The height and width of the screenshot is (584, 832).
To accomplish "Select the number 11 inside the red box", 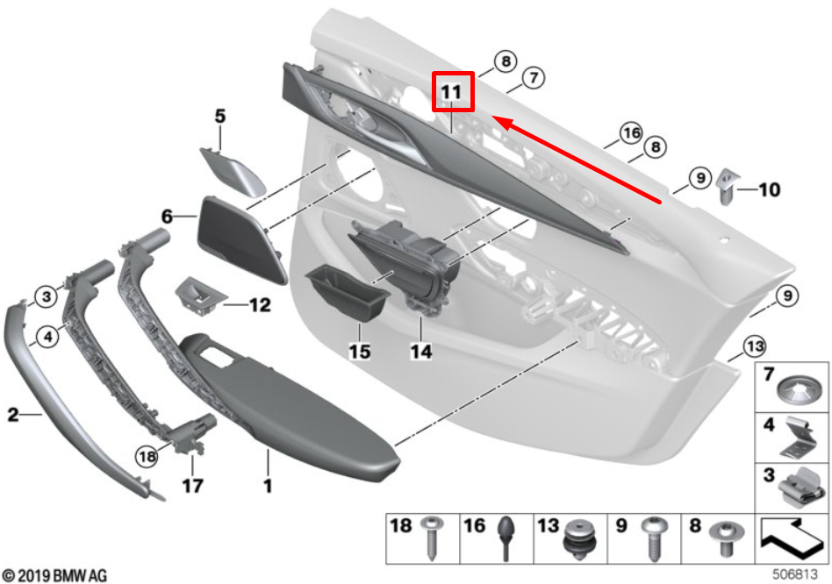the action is pos(452,91).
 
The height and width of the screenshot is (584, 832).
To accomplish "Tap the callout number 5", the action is pos(219,115).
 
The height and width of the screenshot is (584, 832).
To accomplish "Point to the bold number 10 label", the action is pos(768,189).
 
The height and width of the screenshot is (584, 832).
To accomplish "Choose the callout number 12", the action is pos(261,306).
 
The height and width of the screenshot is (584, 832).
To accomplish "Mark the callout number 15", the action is pos(360,353).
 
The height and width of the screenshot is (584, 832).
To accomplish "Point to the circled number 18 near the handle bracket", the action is pos(147,455).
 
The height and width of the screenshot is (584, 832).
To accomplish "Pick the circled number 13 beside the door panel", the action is pos(753,347).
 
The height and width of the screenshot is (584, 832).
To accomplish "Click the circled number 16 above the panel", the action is pos(630,133).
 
